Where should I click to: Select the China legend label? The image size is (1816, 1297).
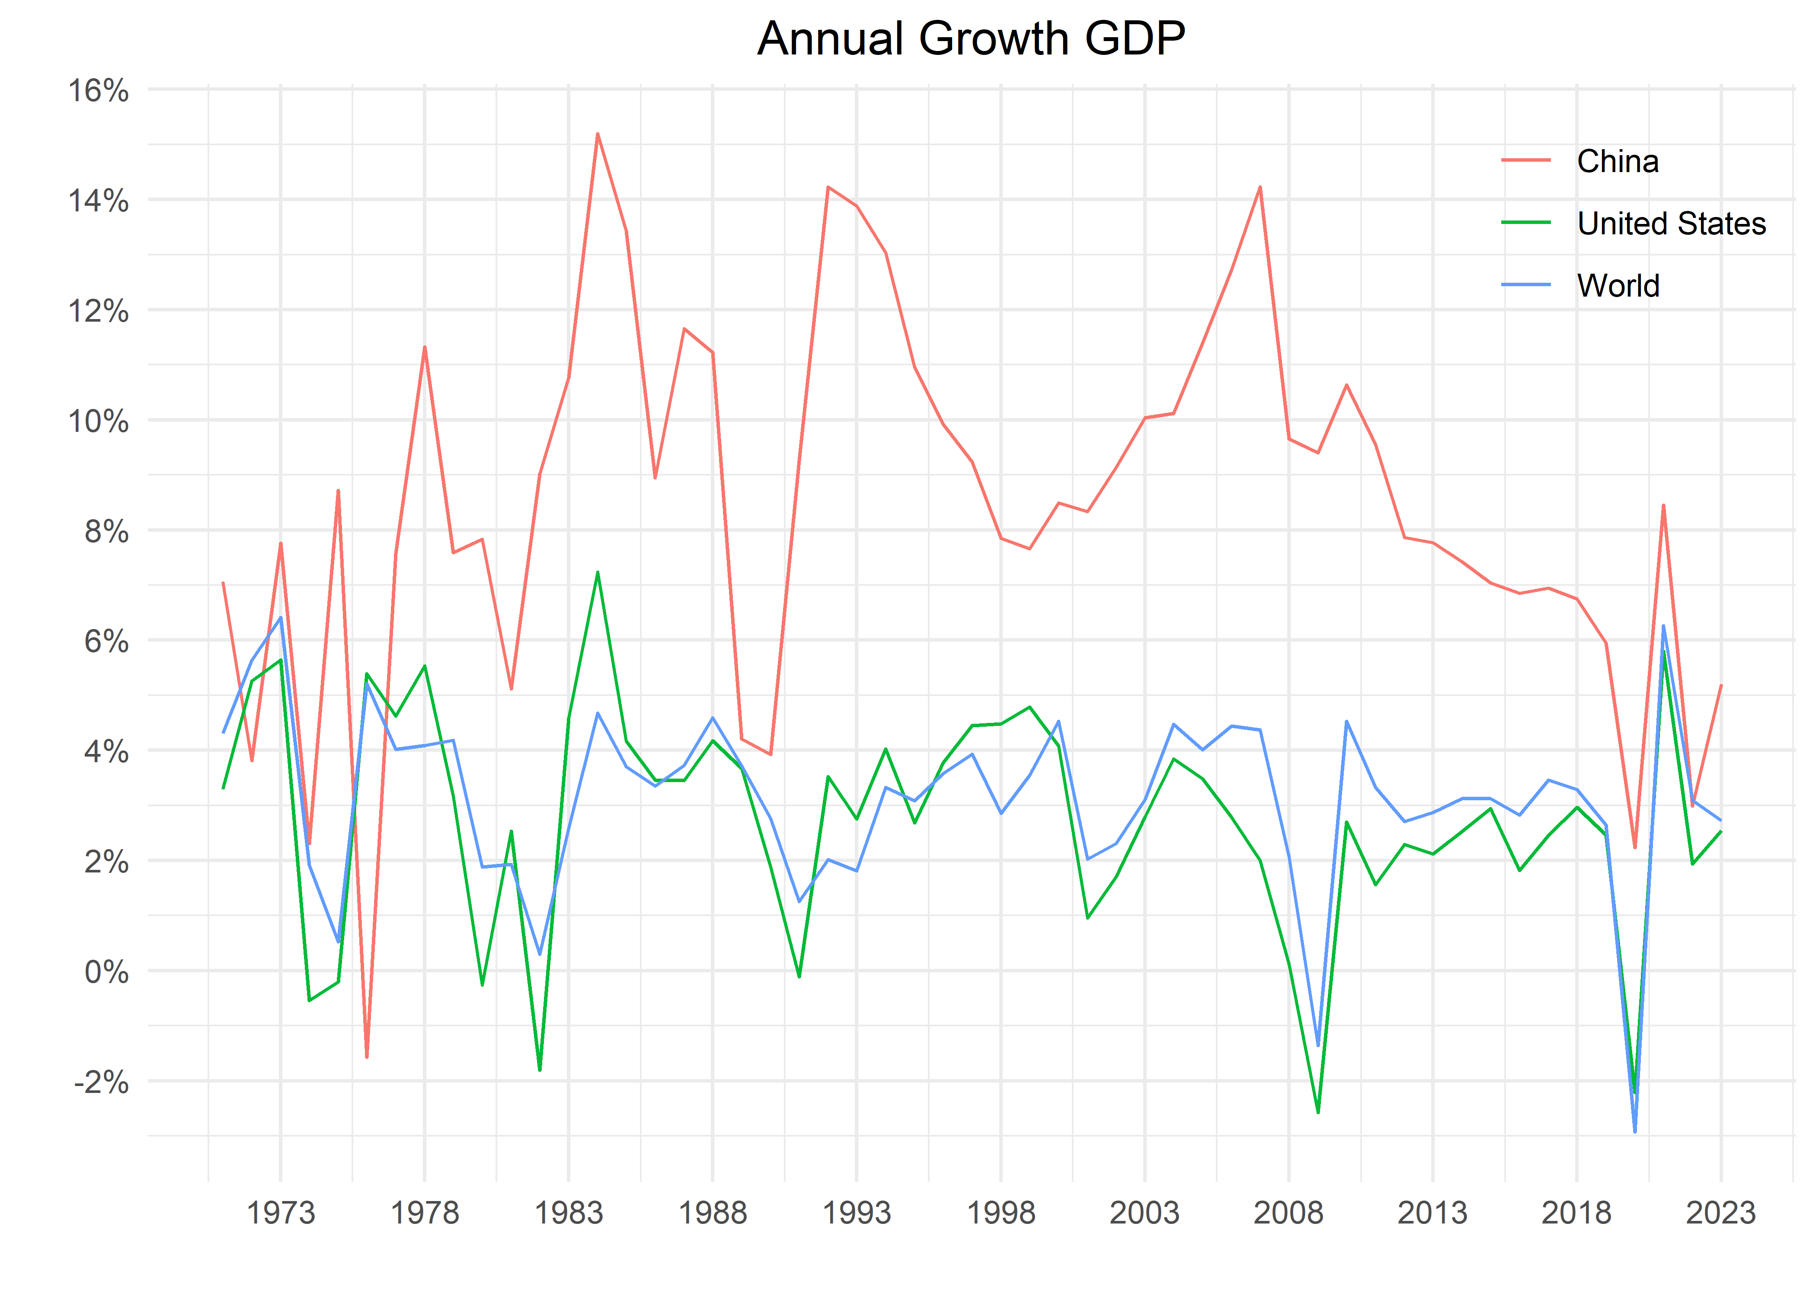(x=1617, y=161)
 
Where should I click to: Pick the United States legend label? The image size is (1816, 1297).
(x=1671, y=224)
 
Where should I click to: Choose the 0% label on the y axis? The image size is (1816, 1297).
(x=106, y=973)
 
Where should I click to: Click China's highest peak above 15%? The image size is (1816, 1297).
(x=598, y=134)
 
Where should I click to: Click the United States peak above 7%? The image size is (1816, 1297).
(x=598, y=573)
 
